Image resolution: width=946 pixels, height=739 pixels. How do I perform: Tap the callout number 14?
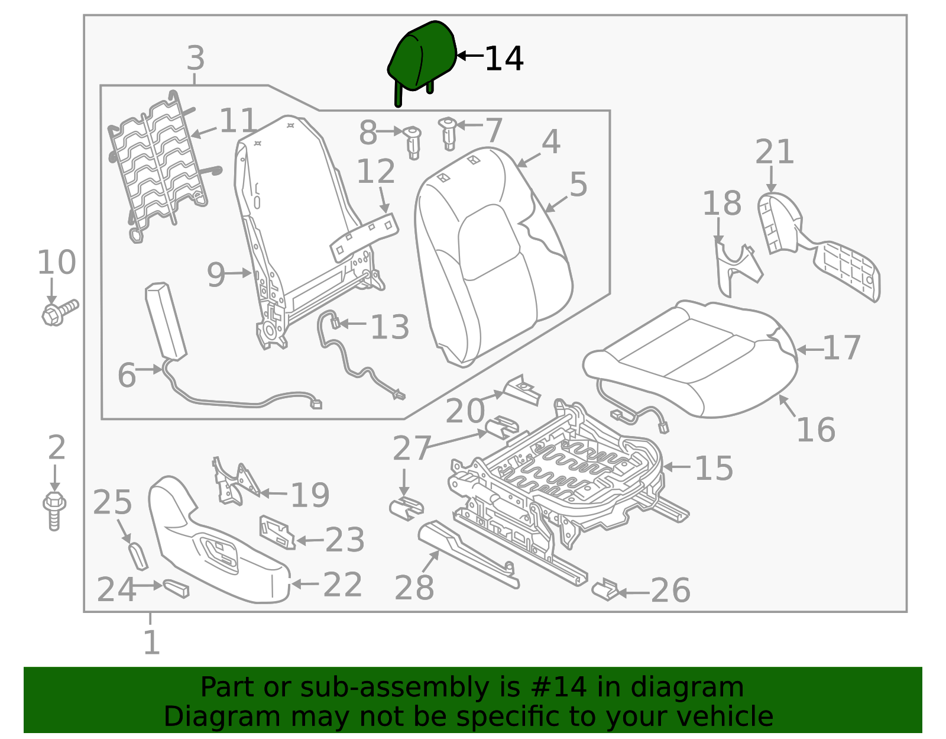(x=504, y=59)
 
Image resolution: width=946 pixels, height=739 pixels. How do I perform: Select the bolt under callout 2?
(x=54, y=509)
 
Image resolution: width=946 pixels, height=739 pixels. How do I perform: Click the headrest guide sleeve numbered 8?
(x=413, y=142)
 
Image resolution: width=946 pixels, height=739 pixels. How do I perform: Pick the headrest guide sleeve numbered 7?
(x=449, y=134)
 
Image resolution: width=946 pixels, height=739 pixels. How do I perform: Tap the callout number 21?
(x=774, y=152)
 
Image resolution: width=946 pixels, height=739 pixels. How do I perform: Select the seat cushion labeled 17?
(x=692, y=355)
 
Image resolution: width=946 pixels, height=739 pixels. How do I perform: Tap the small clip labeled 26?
(x=605, y=590)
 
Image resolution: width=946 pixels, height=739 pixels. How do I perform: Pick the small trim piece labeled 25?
(x=138, y=555)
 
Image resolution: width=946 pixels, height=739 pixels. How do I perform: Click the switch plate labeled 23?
(x=277, y=531)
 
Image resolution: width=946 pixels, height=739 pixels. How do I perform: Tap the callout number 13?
(x=390, y=327)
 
